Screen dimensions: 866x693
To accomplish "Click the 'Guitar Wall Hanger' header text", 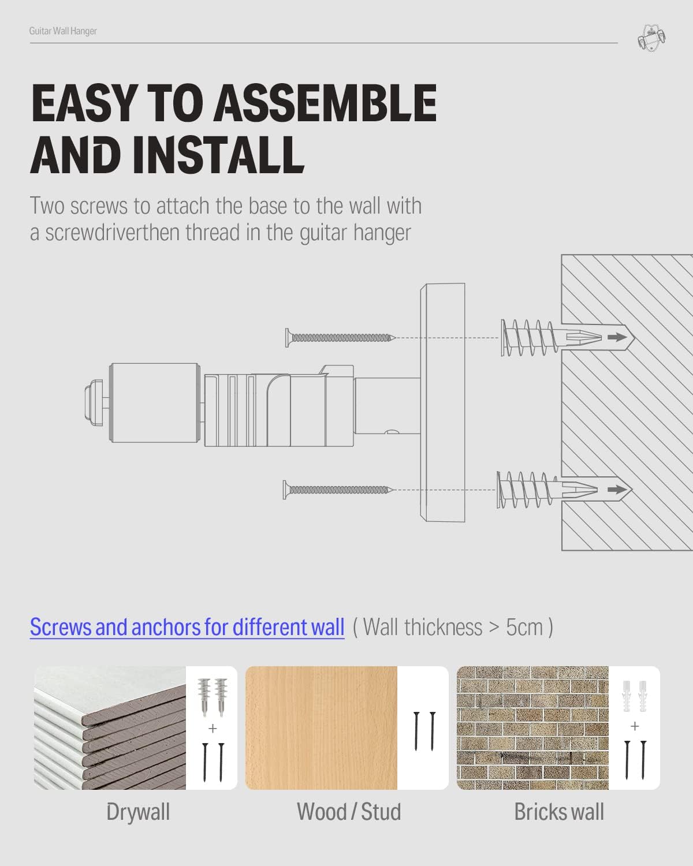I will click(63, 31).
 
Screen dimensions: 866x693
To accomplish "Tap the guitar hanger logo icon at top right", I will click(651, 38).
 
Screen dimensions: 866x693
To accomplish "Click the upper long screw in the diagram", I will click(340, 337).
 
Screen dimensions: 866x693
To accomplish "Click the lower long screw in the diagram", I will click(338, 490).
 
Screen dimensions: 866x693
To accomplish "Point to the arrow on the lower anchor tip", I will click(616, 490).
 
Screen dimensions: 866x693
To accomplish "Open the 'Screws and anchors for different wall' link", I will click(187, 627).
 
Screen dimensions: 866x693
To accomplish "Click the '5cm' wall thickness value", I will click(524, 627).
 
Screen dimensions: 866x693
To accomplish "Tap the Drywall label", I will click(138, 812).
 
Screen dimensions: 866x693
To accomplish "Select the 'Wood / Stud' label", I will click(348, 812).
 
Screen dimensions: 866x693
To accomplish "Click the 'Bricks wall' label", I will click(558, 812).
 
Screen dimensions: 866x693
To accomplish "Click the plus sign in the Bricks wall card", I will click(635, 726).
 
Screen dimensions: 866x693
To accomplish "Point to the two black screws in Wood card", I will click(424, 731).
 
